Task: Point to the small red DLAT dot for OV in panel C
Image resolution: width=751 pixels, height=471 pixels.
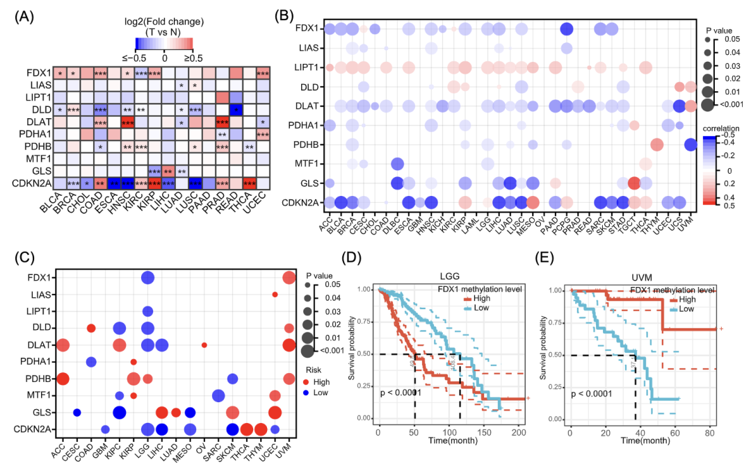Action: tap(204, 345)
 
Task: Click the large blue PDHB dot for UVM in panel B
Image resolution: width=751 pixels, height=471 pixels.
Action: tap(690, 144)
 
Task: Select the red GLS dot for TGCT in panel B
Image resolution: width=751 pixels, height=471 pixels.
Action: tap(634, 183)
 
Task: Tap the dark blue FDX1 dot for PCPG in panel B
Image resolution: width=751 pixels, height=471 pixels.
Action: tap(567, 29)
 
